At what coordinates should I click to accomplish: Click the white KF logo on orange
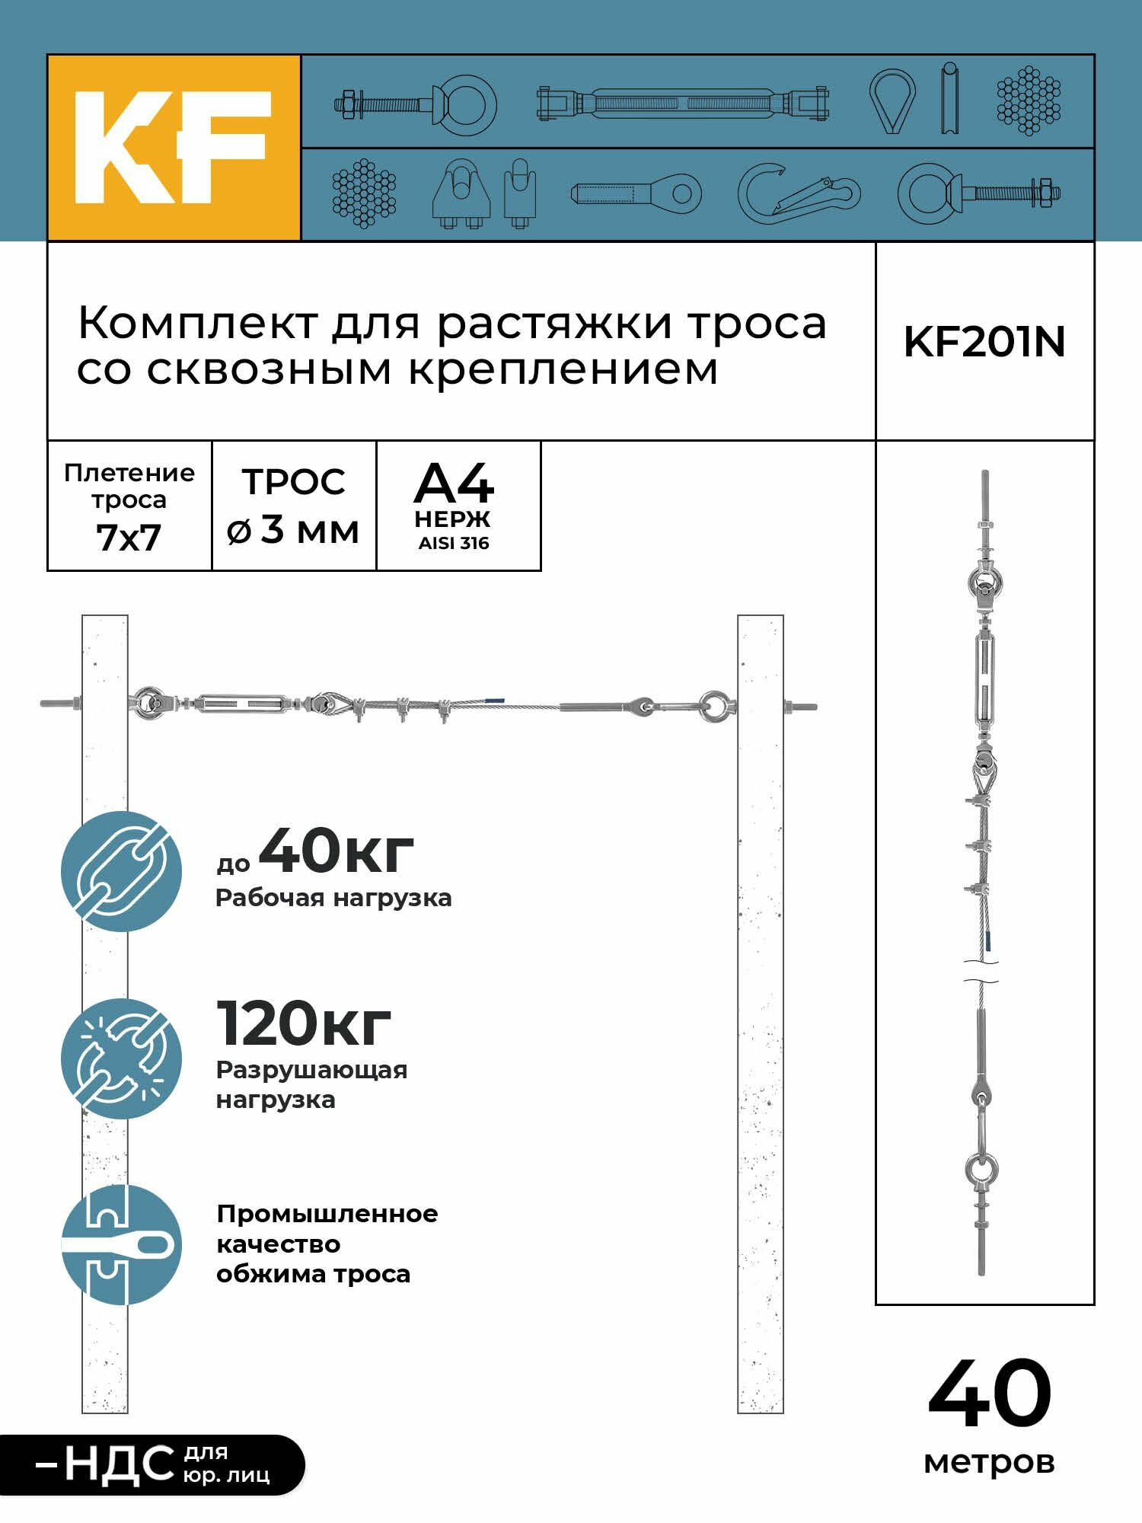(173, 148)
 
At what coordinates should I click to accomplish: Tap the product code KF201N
(984, 342)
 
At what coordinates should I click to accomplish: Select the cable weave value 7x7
(129, 538)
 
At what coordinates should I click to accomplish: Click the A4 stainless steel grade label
(454, 484)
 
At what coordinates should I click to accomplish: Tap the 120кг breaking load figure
(304, 1023)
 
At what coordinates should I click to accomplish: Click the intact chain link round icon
(122, 871)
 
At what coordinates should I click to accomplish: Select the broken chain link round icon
(122, 1058)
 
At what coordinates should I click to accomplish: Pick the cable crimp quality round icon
(122, 1246)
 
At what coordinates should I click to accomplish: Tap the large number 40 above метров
(989, 1394)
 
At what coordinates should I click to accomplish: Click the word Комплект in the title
(196, 324)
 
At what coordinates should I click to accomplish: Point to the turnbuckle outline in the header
(682, 102)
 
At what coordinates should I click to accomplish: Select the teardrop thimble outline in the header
(892, 101)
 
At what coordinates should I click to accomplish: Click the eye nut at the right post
(715, 706)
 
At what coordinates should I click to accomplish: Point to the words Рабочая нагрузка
(333, 898)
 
